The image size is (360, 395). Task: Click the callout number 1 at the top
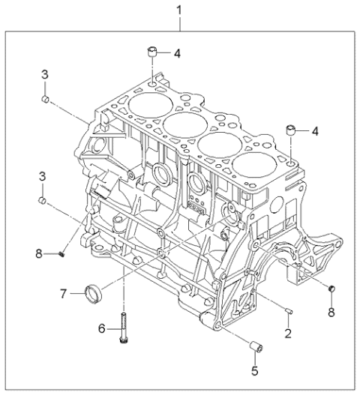(178, 10)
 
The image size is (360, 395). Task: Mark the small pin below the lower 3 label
(44, 201)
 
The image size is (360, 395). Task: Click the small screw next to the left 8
(63, 255)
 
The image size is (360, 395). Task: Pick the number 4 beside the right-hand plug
(315, 130)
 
